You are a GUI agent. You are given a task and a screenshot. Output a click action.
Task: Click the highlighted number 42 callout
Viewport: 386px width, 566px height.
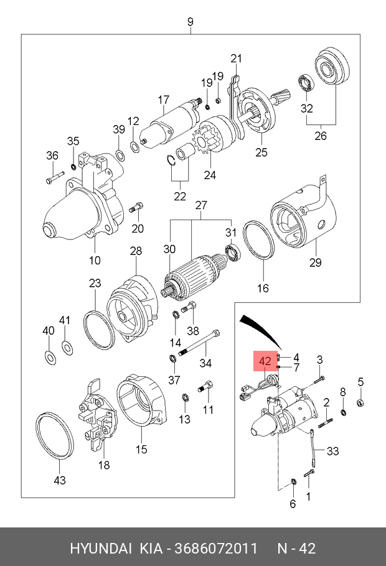pyautogui.click(x=265, y=361)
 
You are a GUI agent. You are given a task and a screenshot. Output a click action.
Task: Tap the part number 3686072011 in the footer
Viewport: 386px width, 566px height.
pyautogui.click(x=217, y=549)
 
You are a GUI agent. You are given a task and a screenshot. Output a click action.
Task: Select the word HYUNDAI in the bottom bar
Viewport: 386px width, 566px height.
pyautogui.click(x=101, y=549)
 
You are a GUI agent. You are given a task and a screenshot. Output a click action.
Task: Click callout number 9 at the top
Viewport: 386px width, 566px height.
pyautogui.click(x=191, y=22)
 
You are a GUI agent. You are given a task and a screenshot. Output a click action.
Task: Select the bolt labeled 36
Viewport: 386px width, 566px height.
pyautogui.click(x=52, y=179)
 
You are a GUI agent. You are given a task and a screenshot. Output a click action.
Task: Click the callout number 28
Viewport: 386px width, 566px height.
pyautogui.click(x=136, y=251)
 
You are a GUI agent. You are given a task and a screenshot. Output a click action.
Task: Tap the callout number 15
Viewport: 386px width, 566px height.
pyautogui.click(x=142, y=449)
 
